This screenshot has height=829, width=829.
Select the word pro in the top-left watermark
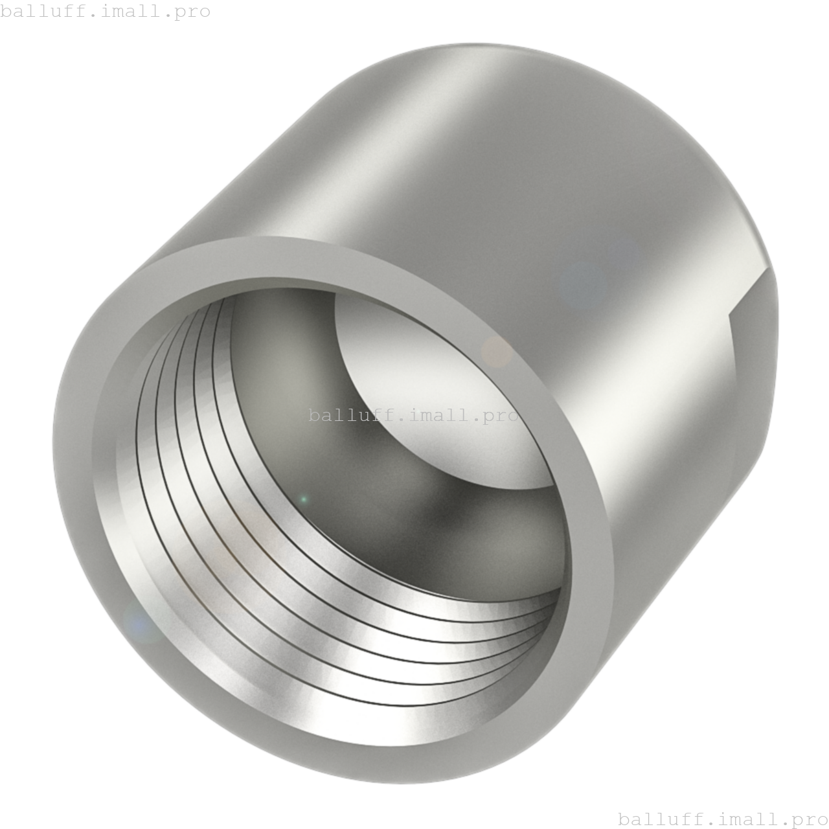pyautogui.click(x=192, y=12)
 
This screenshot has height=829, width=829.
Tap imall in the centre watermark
pyautogui.click(x=440, y=414)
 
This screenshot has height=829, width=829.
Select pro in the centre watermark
pyautogui.click(x=500, y=416)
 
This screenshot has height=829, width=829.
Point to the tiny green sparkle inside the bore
pyautogui.click(x=304, y=499)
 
